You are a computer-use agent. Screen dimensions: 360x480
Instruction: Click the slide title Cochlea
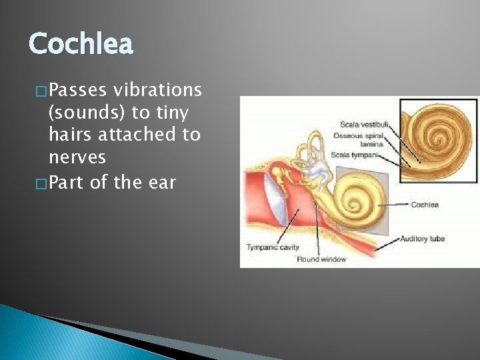[81, 45]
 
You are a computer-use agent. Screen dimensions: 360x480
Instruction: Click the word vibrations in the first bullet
[157, 89]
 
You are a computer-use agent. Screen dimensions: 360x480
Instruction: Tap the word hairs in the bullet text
[71, 135]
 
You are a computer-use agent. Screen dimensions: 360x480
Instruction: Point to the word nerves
[77, 157]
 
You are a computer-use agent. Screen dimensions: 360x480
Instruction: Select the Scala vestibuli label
[364, 124]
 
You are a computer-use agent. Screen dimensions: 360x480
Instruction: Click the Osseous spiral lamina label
[361, 139]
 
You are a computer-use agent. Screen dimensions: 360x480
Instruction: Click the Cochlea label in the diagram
[424, 205]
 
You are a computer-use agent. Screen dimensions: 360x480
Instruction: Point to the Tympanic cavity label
[273, 247]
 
